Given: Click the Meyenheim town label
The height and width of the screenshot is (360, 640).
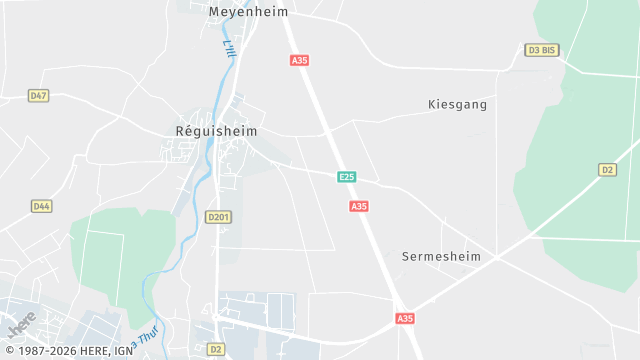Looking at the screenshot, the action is click(x=248, y=12).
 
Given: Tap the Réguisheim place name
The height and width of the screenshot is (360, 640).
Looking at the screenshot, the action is click(x=217, y=131).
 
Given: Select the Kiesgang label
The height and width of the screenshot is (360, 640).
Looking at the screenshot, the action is click(x=456, y=104).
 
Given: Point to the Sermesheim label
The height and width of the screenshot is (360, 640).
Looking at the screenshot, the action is click(x=441, y=256).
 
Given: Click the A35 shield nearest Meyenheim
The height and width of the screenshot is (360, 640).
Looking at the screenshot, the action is click(x=299, y=60).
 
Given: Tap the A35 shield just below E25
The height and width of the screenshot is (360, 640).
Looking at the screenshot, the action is click(x=359, y=206).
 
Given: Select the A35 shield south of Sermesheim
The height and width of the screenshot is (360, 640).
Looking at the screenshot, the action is click(x=404, y=318).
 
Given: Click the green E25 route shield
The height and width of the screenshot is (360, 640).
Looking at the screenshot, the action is click(x=346, y=177).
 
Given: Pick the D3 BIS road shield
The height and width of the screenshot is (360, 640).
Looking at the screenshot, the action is click(x=540, y=49).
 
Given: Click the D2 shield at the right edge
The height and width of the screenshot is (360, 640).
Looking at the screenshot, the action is click(x=607, y=170).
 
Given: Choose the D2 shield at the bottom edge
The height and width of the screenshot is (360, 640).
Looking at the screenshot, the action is click(x=216, y=349).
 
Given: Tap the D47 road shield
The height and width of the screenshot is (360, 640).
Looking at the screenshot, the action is click(x=39, y=96).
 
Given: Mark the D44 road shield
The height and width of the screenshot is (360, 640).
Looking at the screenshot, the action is click(x=41, y=206).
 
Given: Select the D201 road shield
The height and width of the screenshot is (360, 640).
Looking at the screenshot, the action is click(x=218, y=216).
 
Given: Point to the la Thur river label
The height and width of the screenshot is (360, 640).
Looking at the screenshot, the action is click(x=148, y=337).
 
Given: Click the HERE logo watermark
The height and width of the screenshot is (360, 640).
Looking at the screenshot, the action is click(x=21, y=325).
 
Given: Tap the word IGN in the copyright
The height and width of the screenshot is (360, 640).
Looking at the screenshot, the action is click(x=123, y=351).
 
